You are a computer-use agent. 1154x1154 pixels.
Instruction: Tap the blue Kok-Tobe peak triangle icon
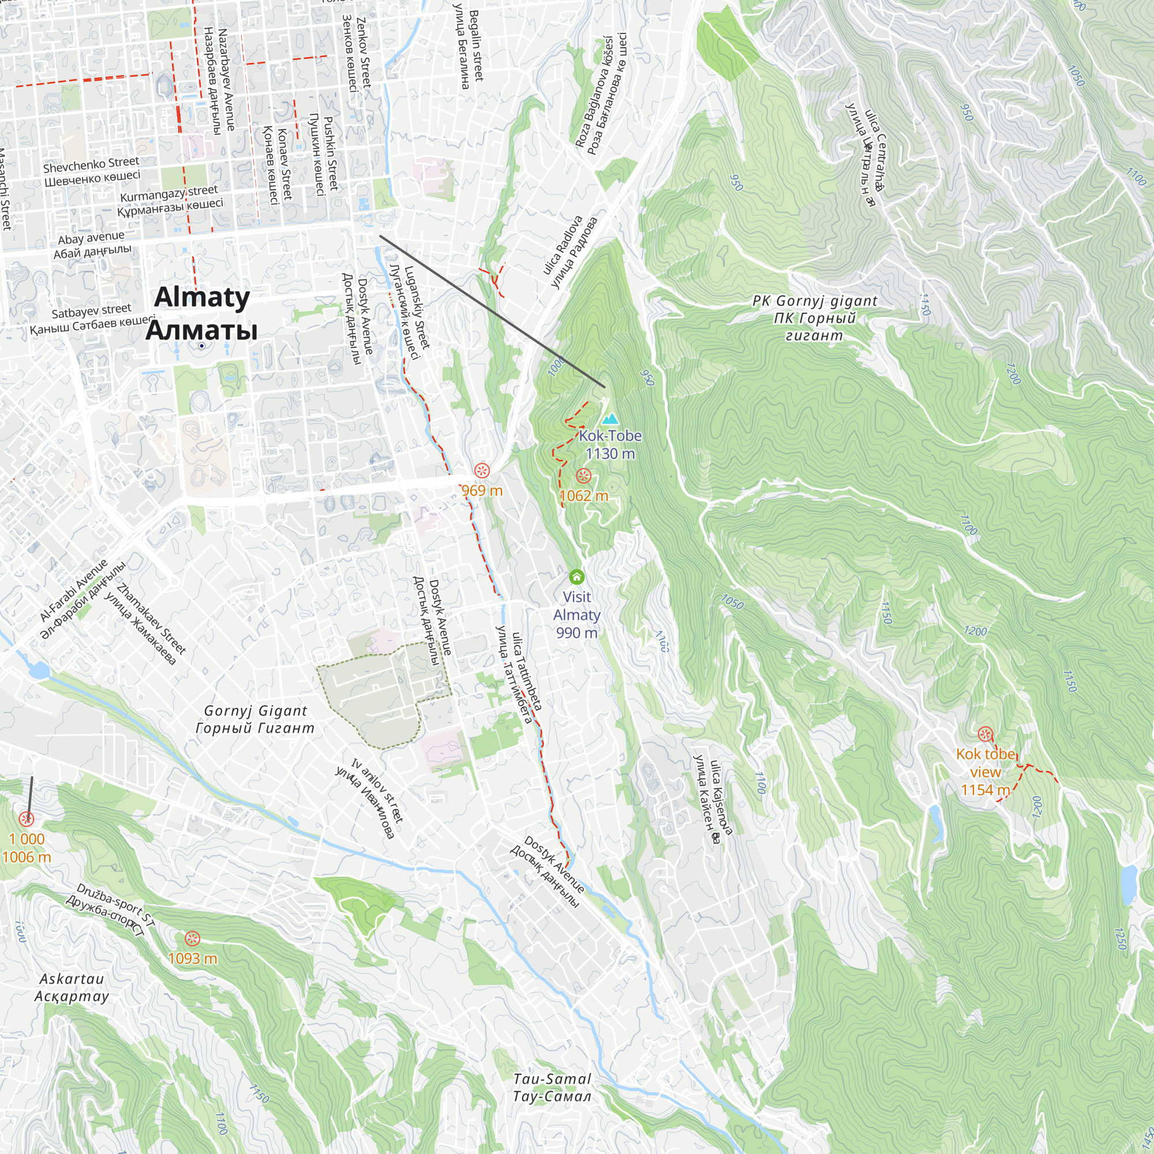610,419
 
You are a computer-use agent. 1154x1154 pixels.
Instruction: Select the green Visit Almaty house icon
576,576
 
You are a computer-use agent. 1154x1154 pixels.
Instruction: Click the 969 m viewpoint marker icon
482,471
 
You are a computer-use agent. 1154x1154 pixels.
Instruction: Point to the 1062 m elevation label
583,496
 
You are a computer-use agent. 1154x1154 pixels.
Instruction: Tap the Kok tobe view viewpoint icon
985,734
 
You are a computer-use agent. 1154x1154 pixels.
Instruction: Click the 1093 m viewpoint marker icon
192,938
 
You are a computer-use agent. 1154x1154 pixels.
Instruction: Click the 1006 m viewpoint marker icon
27,818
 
